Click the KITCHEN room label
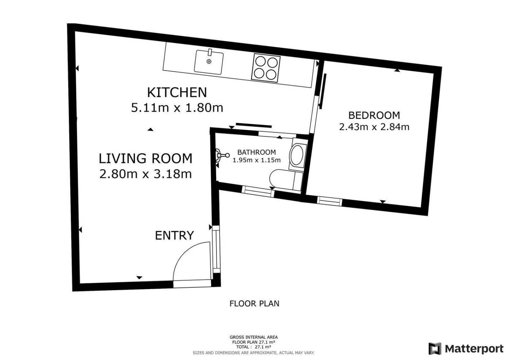[177, 93]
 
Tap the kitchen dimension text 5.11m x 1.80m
[177, 108]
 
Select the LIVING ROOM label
[146, 158]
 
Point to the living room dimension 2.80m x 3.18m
[146, 174]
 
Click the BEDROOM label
[374, 115]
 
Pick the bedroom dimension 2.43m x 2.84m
[374, 127]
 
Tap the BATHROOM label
[256, 152]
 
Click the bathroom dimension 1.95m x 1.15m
[256, 160]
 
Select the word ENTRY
[174, 235]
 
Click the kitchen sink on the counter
[209, 62]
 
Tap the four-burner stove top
[266, 68]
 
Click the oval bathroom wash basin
[297, 155]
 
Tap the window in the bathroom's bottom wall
[258, 191]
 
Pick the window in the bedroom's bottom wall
[329, 201]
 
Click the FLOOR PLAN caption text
[254, 303]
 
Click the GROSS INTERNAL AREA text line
[254, 337]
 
